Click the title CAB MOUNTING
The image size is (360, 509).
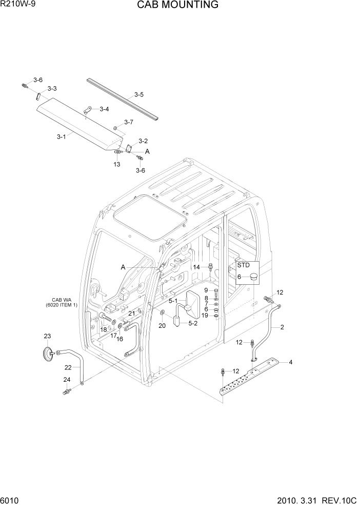coord(177,5)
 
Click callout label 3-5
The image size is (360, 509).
coord(139,94)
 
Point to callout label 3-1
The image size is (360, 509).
coord(61,136)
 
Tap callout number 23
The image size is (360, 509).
coord(47,336)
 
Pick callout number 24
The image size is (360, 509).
coord(67,380)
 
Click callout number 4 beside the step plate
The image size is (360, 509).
coord(291,363)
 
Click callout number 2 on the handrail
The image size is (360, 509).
coord(282,327)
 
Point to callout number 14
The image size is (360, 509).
coord(196,267)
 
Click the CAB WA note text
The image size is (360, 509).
coord(65,303)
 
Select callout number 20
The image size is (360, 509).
coord(162,326)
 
